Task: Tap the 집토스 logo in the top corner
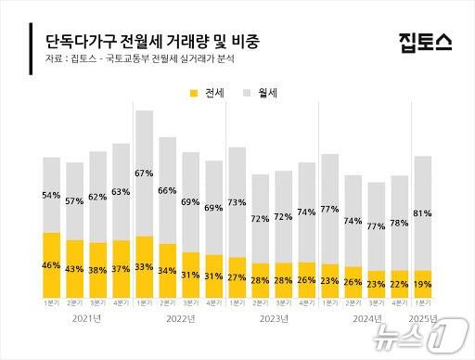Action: (x=425, y=42)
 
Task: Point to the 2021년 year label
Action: (x=86, y=318)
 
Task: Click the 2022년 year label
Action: (x=179, y=318)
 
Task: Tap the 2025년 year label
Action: (x=422, y=318)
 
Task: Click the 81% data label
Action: (x=422, y=213)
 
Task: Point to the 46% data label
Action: (x=52, y=265)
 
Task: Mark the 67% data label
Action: (x=144, y=174)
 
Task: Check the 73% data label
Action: (x=237, y=202)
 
